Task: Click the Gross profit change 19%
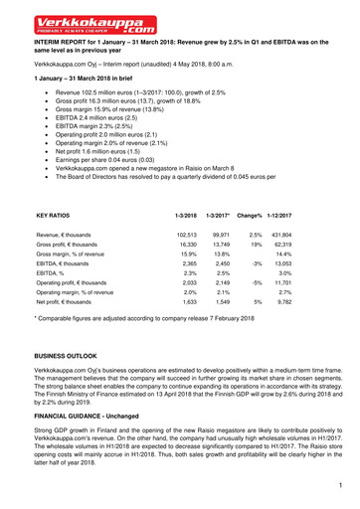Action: click(256, 244)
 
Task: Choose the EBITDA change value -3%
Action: click(255, 265)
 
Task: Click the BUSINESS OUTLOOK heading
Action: click(75, 355)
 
